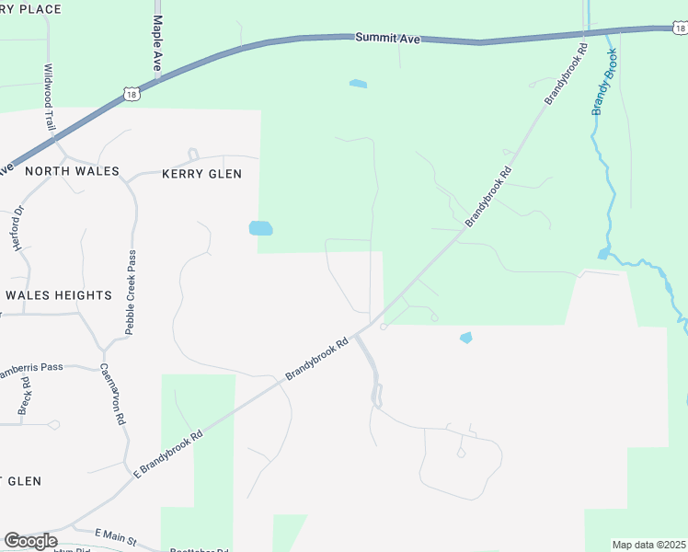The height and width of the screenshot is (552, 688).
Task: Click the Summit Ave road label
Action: tap(386, 38)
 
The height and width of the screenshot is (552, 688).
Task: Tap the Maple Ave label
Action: tap(157, 43)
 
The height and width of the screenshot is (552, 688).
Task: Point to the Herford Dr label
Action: tap(17, 229)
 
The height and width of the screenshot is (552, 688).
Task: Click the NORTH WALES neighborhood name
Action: tap(73, 171)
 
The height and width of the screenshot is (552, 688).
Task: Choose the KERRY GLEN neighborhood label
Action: tap(201, 174)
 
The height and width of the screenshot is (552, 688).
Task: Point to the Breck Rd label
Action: tap(25, 395)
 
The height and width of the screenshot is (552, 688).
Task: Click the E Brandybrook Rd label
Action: tap(167, 455)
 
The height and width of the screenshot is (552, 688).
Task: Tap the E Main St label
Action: tap(116, 537)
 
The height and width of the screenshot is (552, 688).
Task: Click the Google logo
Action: tap(30, 541)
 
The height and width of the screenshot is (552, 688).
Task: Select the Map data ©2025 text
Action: tap(648, 545)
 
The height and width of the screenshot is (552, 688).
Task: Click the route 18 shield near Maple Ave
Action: tap(133, 93)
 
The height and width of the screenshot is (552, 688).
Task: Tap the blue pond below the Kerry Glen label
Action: tap(260, 228)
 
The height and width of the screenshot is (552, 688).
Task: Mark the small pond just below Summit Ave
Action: tap(358, 85)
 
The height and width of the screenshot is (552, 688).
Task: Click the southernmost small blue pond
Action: tap(465, 338)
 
